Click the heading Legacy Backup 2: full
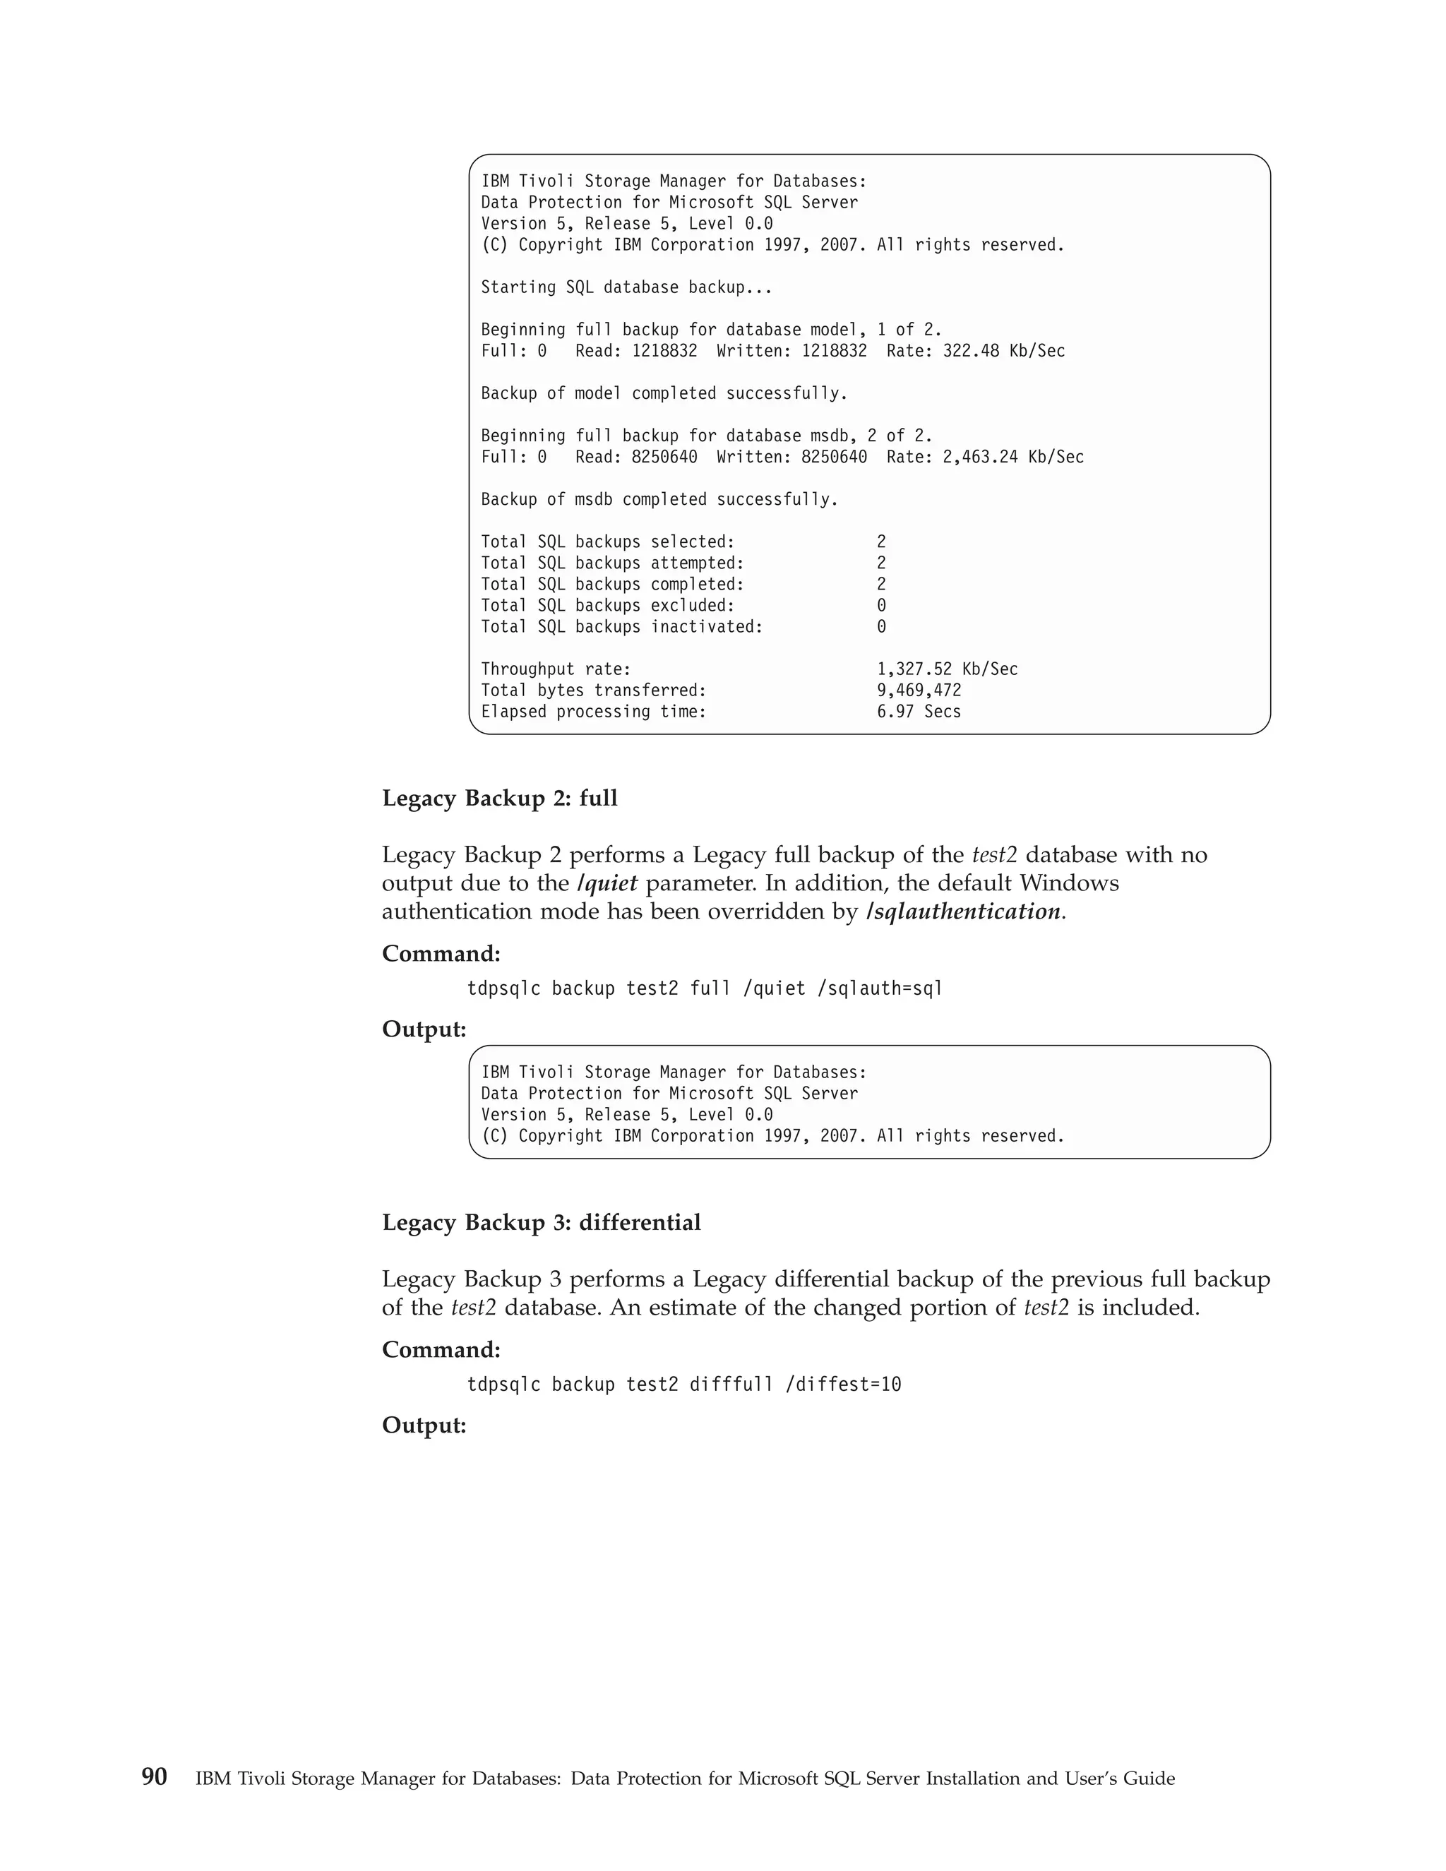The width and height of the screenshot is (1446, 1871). click(x=499, y=799)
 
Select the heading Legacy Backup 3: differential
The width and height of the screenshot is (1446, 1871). click(x=541, y=1222)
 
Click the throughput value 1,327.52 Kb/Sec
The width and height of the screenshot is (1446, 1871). click(x=947, y=669)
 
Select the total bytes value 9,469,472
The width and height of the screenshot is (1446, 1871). click(x=919, y=691)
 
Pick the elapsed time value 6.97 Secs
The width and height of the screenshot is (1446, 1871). click(x=919, y=712)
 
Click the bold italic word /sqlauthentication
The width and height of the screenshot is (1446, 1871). click(x=964, y=911)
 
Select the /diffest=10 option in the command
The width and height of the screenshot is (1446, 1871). click(x=843, y=1385)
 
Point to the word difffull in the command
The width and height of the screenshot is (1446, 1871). click(x=731, y=1385)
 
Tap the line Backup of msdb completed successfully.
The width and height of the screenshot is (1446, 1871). click(x=659, y=499)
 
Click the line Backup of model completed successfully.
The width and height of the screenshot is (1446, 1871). click(x=664, y=394)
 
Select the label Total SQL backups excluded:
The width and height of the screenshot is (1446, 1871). click(x=607, y=606)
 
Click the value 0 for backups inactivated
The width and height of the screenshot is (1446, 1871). click(x=881, y=627)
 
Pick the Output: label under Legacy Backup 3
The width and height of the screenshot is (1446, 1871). click(x=424, y=1425)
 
